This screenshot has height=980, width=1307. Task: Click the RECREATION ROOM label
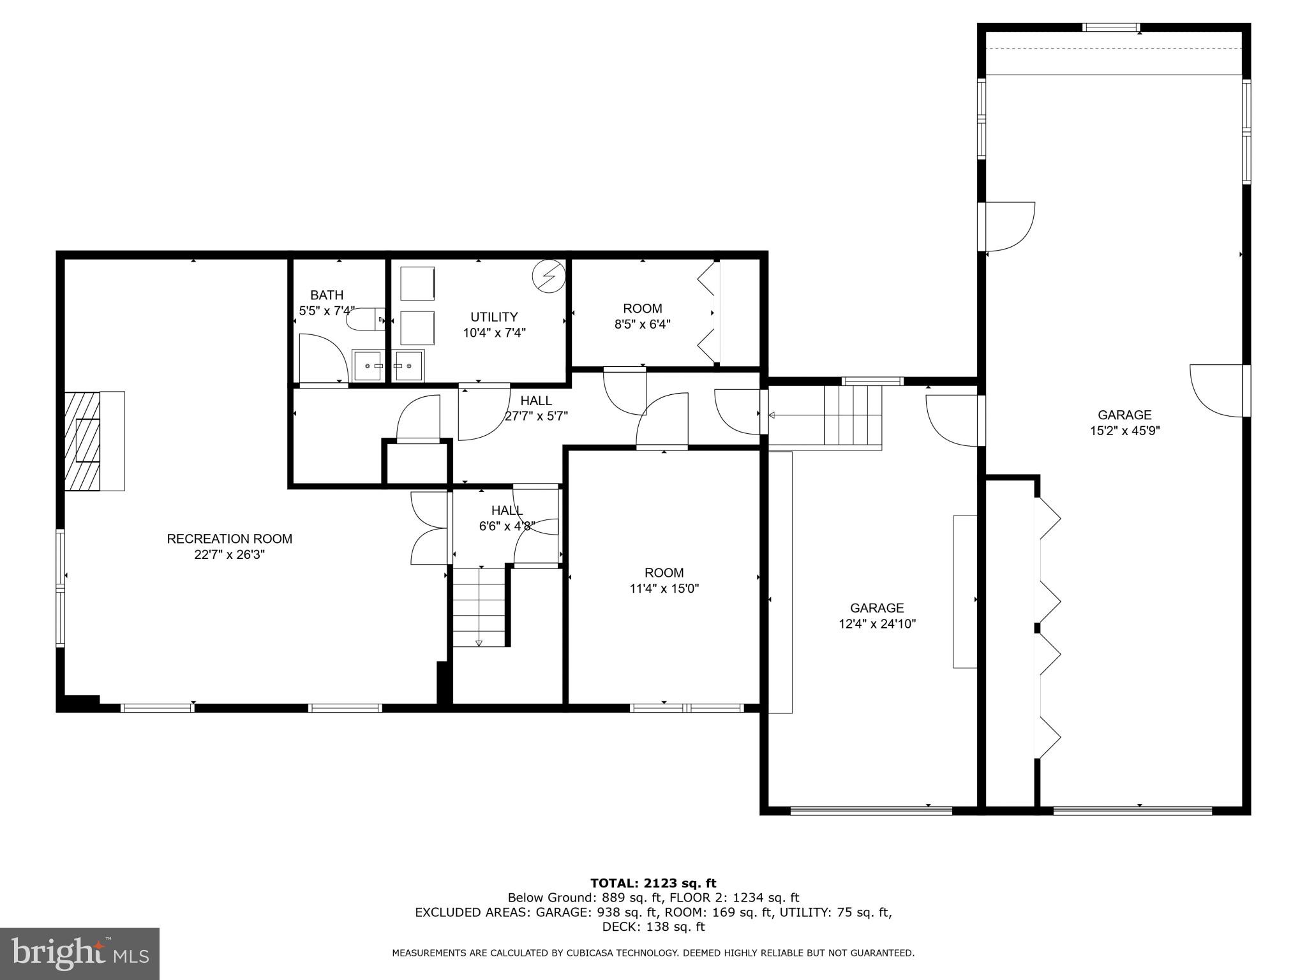pyautogui.click(x=229, y=538)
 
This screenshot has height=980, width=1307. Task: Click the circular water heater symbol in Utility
pyautogui.click(x=549, y=274)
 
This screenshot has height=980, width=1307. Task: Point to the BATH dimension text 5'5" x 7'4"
pyautogui.click(x=326, y=311)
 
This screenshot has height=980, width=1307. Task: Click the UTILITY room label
pyautogui.click(x=494, y=317)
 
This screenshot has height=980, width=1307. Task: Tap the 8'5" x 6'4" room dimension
pyautogui.click(x=642, y=325)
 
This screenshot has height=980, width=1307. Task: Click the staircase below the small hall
pyautogui.click(x=479, y=606)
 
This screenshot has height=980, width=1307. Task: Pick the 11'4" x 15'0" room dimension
pyautogui.click(x=664, y=589)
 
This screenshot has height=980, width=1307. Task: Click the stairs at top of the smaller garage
pyautogui.click(x=853, y=415)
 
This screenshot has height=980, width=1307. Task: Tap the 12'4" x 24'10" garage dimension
pyautogui.click(x=877, y=624)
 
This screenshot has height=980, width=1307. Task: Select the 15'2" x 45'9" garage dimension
pyautogui.click(x=1124, y=431)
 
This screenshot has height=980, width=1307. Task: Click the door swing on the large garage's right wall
pyautogui.click(x=1216, y=390)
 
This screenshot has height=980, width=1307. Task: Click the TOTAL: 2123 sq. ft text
pyautogui.click(x=653, y=884)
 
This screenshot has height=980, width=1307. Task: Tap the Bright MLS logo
pyautogui.click(x=80, y=953)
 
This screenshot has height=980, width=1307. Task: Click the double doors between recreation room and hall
pyautogui.click(x=429, y=528)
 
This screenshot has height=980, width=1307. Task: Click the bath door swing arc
pyautogui.click(x=324, y=358)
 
